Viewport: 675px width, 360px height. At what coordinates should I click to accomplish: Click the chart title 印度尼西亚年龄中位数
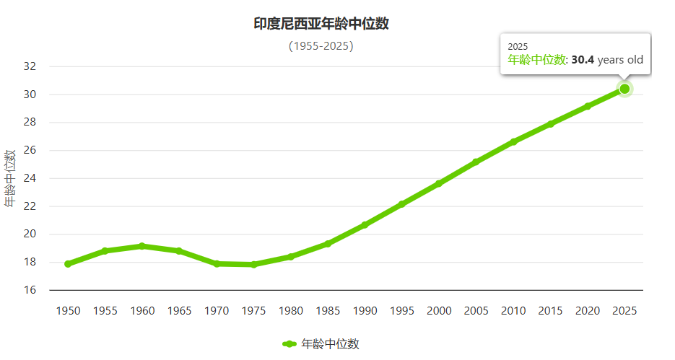pos(321,24)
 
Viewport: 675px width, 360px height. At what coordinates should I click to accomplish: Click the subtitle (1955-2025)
pos(321,46)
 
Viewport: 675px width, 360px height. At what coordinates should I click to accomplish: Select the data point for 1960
pos(142,246)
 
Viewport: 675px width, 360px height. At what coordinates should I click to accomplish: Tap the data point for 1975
pos(253,265)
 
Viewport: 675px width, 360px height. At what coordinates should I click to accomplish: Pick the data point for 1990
pos(365,225)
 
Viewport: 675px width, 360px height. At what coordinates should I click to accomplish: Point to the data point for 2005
pos(476,162)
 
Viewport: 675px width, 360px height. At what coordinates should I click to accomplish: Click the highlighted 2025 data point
pos(624,89)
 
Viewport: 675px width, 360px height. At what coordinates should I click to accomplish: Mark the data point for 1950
pos(68,264)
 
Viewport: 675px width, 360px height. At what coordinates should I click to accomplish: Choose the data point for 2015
pos(550,124)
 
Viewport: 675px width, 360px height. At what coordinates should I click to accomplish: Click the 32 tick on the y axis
pos(30,66)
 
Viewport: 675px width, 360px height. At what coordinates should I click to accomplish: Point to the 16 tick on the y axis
pos(30,290)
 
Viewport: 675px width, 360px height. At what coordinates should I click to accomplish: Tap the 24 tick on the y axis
pos(30,178)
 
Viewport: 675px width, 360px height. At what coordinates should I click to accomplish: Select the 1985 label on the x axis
pos(328,311)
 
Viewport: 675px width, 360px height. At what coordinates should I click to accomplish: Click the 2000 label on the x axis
pos(439,311)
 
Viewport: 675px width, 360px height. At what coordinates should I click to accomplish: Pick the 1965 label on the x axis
pos(179,311)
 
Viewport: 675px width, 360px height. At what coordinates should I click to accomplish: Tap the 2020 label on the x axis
pos(587,311)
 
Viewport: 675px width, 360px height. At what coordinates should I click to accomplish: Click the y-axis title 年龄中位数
pos(10,178)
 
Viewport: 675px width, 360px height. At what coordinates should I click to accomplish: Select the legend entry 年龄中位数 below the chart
pos(329,344)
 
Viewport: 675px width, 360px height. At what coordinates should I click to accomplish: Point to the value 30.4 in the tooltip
pos(583,60)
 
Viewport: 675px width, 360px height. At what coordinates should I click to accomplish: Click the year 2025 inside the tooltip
pos(518,46)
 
